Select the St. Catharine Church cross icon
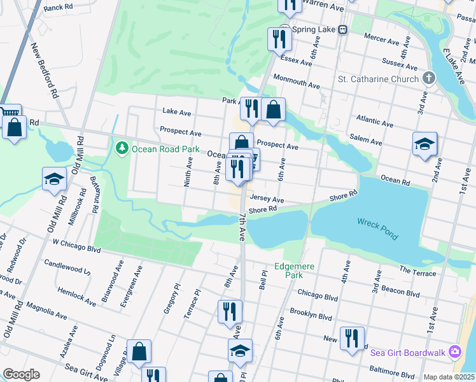click(429, 78)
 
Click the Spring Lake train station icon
click(342, 29)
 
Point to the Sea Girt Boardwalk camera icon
click(454, 351)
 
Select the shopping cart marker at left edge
click(9, 113)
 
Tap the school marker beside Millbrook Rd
click(55, 179)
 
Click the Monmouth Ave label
click(296, 84)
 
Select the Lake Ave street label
click(176, 112)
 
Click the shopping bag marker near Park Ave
click(273, 110)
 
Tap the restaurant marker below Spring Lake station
click(280, 39)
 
